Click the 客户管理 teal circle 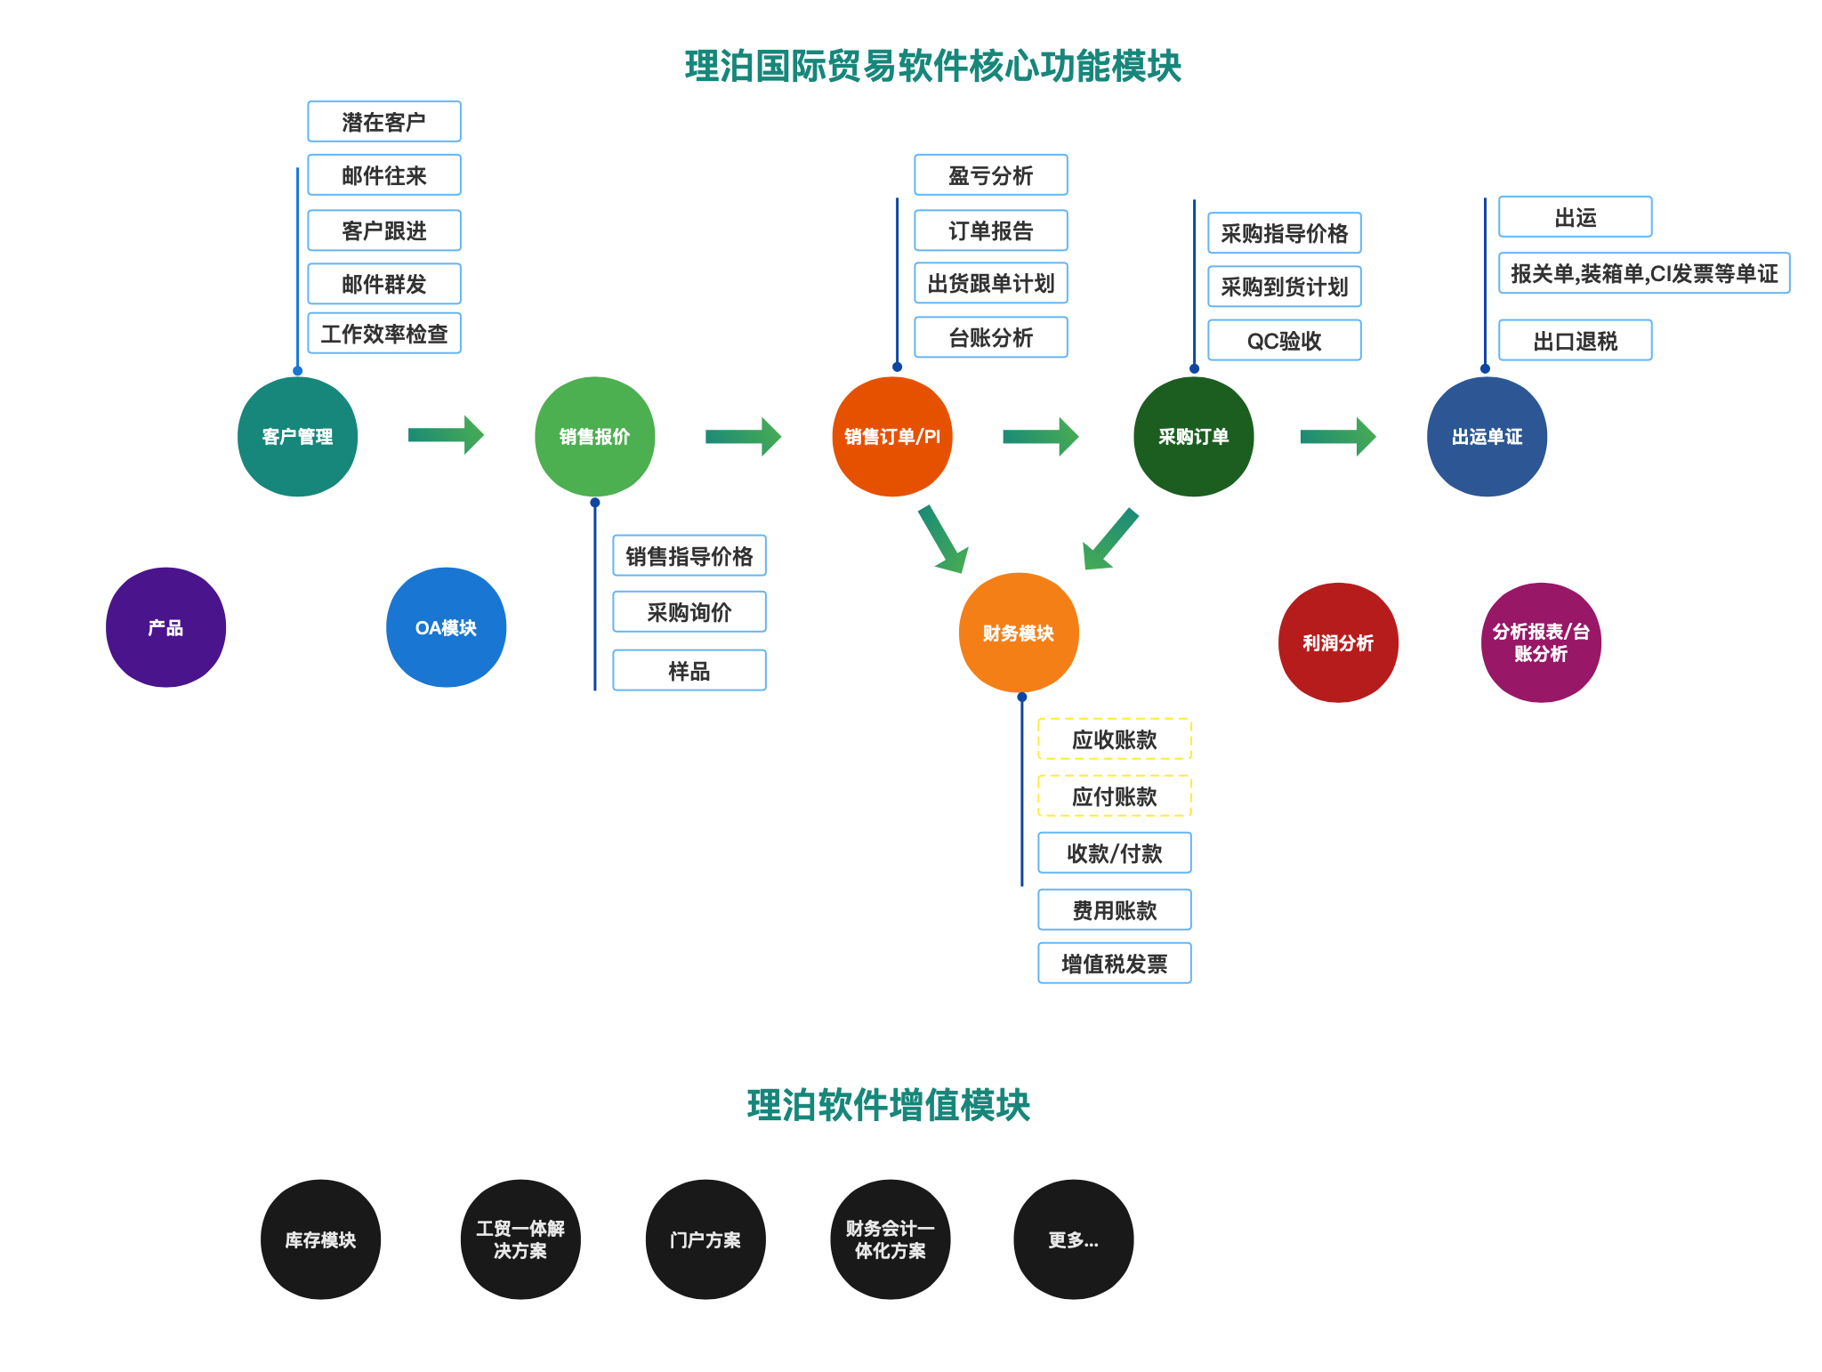[297, 437]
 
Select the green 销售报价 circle [594, 437]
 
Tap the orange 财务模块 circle [1019, 633]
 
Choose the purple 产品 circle [165, 627]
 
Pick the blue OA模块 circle [446, 627]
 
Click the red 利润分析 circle [1338, 642]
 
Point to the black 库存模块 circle [320, 1239]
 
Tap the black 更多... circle [1073, 1239]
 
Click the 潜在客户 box [384, 122]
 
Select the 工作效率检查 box [384, 334]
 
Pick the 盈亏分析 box [991, 175]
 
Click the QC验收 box [1285, 341]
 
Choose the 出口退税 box [1576, 341]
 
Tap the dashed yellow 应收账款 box [1115, 739]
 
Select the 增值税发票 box [1115, 964]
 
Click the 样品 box [689, 671]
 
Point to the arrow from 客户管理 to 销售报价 [446, 436]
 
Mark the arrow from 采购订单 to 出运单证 [1338, 436]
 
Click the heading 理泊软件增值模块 [888, 1105]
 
